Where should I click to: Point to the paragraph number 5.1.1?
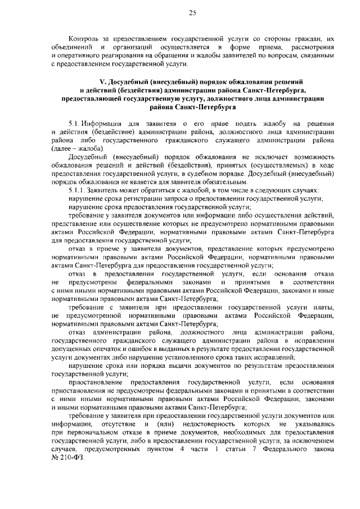point(76,191)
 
